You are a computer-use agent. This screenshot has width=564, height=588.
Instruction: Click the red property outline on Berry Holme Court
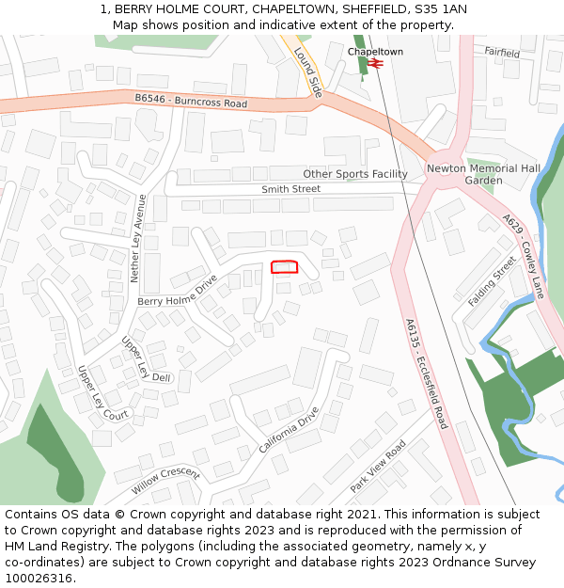(x=285, y=267)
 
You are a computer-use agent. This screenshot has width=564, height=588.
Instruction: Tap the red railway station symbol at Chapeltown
(x=375, y=63)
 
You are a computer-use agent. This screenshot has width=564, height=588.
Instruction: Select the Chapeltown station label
(x=375, y=52)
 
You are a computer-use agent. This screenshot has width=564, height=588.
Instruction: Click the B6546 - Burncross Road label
(x=191, y=100)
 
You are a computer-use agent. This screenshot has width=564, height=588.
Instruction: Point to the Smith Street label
(x=290, y=189)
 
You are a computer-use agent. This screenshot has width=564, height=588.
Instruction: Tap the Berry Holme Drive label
(x=177, y=291)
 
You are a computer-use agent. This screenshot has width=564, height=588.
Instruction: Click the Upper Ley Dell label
(x=147, y=359)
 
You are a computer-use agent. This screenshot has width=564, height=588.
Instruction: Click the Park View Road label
(x=377, y=467)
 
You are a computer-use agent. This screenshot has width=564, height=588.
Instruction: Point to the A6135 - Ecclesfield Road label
(x=427, y=373)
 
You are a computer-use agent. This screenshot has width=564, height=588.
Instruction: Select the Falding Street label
(x=493, y=281)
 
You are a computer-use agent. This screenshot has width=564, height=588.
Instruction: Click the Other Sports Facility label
(x=354, y=174)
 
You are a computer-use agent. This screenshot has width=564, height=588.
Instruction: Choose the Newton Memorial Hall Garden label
(x=483, y=174)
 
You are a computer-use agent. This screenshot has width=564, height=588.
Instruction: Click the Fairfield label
(x=502, y=54)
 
